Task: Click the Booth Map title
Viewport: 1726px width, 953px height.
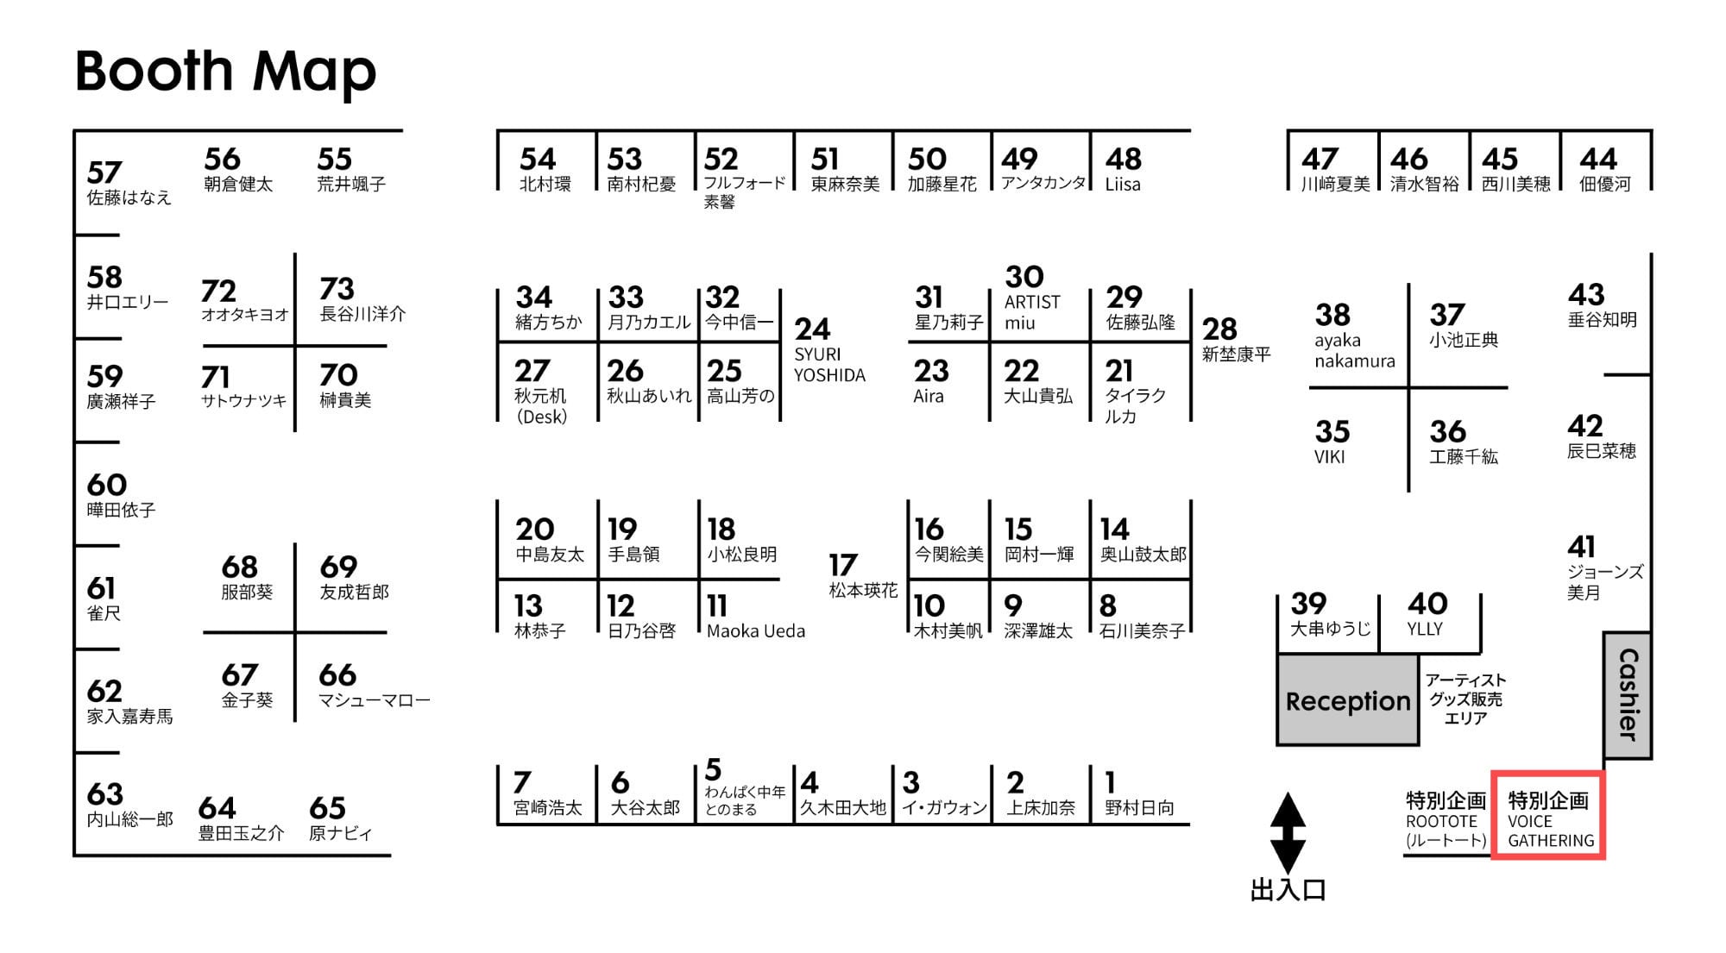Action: pyautogui.click(x=226, y=72)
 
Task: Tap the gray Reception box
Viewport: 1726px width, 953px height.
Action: pyautogui.click(x=1348, y=699)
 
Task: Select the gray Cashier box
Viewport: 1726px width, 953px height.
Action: pyautogui.click(x=1628, y=695)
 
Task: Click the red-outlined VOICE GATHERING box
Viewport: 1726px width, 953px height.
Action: pyautogui.click(x=1548, y=815)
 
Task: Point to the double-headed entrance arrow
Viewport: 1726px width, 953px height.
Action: pyautogui.click(x=1288, y=832)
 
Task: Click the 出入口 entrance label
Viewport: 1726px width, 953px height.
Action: pyautogui.click(x=1288, y=890)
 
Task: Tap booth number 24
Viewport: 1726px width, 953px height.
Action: pyautogui.click(x=812, y=329)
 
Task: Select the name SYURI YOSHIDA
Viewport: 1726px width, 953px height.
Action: pyautogui.click(x=829, y=365)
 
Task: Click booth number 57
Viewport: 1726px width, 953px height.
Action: pyautogui.click(x=104, y=172)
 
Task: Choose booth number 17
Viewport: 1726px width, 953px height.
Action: pyautogui.click(x=843, y=565)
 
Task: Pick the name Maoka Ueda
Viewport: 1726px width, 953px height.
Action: pyautogui.click(x=756, y=631)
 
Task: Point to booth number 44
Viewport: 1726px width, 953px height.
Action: pyautogui.click(x=1597, y=159)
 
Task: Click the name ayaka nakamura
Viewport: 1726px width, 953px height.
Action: pyautogui.click(x=1354, y=351)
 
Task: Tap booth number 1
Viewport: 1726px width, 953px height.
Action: pyautogui.click(x=1111, y=782)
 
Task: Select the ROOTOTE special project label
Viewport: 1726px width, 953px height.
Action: pyautogui.click(x=1446, y=820)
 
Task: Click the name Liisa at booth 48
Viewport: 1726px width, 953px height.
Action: pyautogui.click(x=1123, y=185)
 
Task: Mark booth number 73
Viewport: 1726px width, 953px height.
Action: pyautogui.click(x=337, y=288)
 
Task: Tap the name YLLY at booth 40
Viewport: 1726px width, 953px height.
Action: pyautogui.click(x=1425, y=629)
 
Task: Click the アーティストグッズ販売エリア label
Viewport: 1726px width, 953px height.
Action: pyautogui.click(x=1465, y=699)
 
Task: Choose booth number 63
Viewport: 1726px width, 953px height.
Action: pyautogui.click(x=105, y=793)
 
